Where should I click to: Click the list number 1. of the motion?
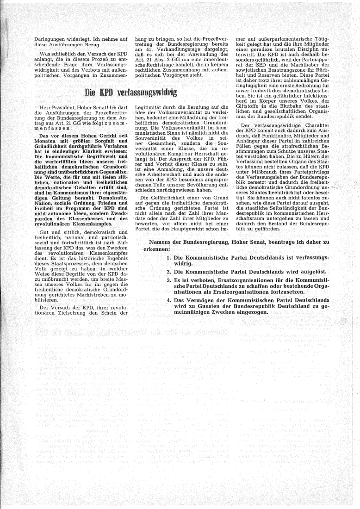tap(169, 257)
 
